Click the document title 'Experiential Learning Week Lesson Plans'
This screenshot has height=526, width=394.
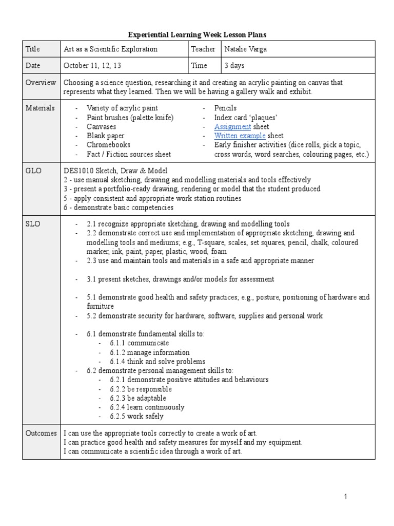point(197,34)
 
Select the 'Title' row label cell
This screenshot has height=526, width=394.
point(33,49)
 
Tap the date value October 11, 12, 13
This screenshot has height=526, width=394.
point(92,66)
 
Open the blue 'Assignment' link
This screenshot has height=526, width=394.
point(232,127)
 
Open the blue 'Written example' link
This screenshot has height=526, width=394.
point(240,136)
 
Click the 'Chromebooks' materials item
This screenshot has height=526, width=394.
point(108,145)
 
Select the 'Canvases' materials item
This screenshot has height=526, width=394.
point(101,127)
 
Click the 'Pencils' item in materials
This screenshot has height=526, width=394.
point(225,108)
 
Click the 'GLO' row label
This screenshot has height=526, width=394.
point(33,171)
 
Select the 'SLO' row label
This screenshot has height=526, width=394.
point(32,224)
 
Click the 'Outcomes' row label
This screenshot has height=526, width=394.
point(41,433)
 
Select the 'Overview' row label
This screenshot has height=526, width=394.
point(41,83)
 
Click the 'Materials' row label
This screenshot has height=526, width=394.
point(41,108)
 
